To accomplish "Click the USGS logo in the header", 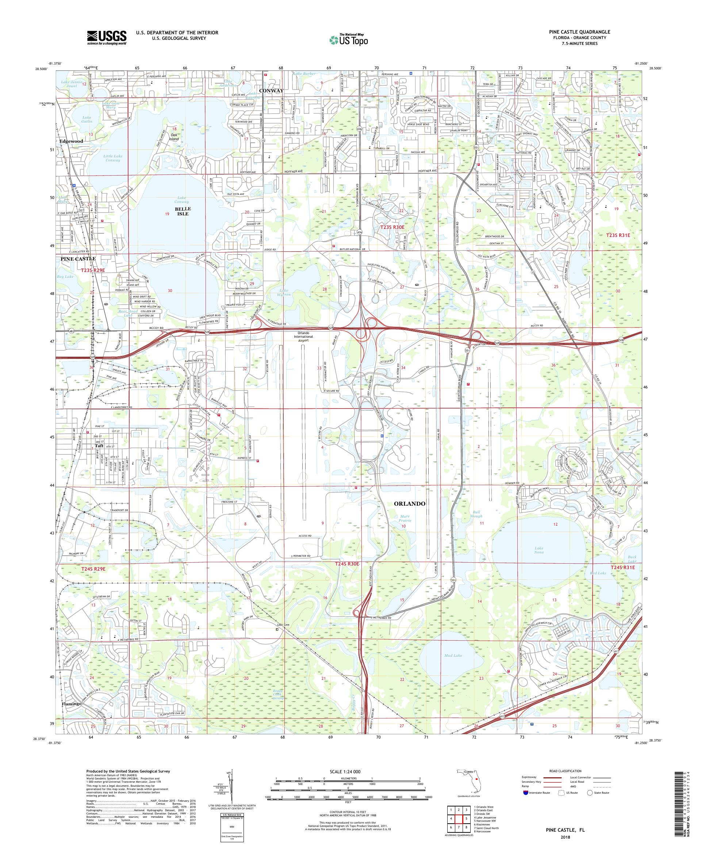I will pyautogui.click(x=107, y=38).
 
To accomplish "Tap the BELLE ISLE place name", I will pyautogui.click(x=183, y=211).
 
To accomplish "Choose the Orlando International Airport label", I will pyautogui.click(x=303, y=336).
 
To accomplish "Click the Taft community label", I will pyautogui.click(x=99, y=446).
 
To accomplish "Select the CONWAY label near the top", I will pyautogui.click(x=271, y=91).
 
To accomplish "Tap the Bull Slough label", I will pyautogui.click(x=476, y=514).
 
